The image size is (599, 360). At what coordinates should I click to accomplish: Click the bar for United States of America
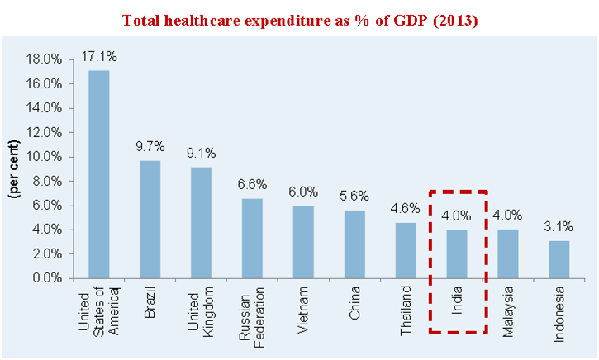[x=98, y=174]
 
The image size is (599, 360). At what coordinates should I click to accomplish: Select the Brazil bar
[x=150, y=219]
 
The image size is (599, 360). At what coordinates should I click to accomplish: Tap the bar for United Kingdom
[x=201, y=223]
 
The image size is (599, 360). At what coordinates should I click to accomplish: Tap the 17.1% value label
[x=98, y=57]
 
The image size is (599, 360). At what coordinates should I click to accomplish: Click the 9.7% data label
[x=150, y=146]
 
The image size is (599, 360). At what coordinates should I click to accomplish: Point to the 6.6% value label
[x=252, y=184]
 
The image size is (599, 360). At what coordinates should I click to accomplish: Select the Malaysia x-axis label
[x=509, y=307]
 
